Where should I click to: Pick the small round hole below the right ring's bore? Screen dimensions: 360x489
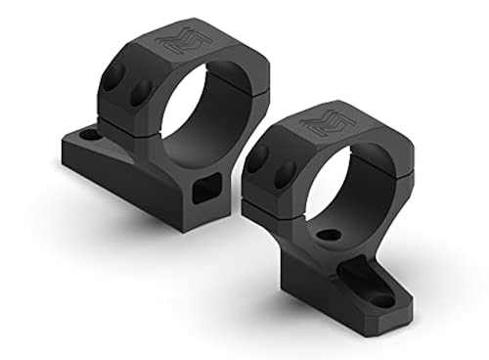tap(331, 236)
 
